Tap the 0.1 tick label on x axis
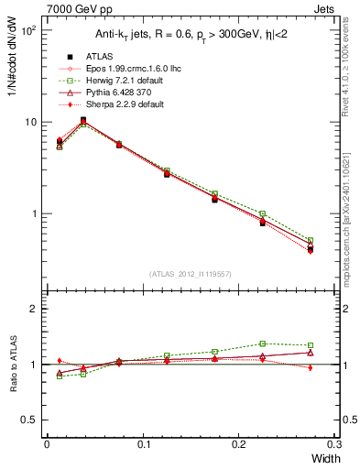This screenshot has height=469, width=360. click(143, 444)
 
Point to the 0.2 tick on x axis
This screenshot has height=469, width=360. click(239, 444)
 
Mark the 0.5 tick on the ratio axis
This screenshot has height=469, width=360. click(33, 420)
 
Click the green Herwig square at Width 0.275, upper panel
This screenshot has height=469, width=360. click(311, 240)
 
